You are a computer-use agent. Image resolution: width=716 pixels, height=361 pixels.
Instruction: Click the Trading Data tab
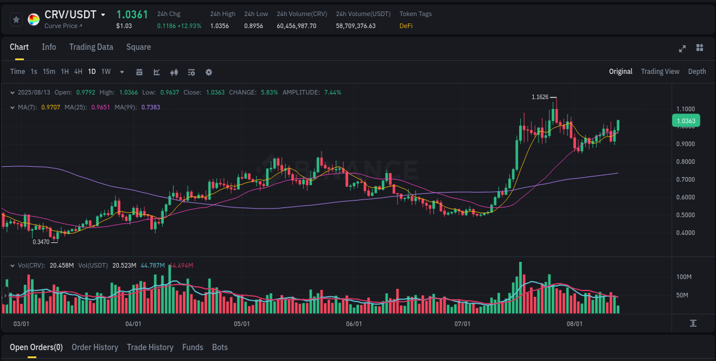click(91, 47)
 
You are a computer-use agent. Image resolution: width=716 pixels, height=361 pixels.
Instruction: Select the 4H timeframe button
click(78, 72)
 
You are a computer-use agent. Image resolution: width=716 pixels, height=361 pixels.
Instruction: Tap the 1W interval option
click(106, 72)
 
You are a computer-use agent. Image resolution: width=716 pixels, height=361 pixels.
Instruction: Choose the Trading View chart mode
click(660, 72)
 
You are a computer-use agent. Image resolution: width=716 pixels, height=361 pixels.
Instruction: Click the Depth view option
click(697, 72)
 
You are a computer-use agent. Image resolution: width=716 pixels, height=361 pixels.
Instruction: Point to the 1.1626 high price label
click(540, 97)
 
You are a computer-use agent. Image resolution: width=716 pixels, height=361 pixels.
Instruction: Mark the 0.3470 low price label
click(41, 242)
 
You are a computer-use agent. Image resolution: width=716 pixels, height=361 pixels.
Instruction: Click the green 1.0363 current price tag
click(686, 121)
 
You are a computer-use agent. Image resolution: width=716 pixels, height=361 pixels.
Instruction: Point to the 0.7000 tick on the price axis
click(686, 179)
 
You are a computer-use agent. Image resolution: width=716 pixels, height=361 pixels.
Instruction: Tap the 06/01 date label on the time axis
click(354, 324)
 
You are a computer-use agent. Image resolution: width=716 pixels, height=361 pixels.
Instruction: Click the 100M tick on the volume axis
click(684, 277)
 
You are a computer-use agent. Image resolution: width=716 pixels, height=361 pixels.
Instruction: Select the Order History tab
click(95, 347)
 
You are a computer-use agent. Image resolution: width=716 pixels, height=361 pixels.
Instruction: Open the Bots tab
click(219, 347)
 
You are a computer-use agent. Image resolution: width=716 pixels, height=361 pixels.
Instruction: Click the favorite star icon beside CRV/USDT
click(17, 19)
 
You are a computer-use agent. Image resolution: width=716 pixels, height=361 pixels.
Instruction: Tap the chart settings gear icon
click(208, 72)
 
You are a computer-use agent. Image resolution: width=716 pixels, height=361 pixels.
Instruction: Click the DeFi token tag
click(406, 26)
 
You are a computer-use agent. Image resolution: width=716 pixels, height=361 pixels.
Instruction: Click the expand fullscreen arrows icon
click(682, 49)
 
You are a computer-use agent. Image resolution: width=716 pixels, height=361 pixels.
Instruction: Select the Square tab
click(138, 47)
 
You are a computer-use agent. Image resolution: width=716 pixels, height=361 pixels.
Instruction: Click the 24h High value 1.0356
click(219, 26)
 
